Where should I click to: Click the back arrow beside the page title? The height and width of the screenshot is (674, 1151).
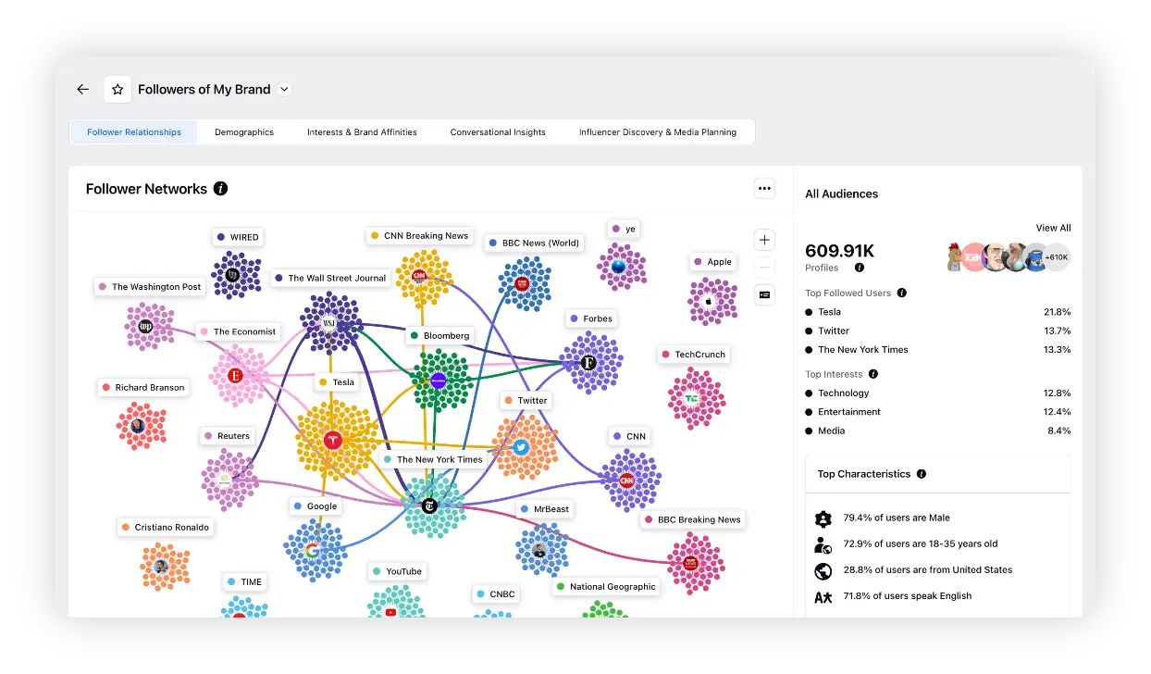[83, 90]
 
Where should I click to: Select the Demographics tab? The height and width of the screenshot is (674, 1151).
[244, 132]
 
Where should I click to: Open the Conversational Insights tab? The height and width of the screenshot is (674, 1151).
[498, 132]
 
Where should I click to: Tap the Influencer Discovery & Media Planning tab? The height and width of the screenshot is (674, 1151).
[658, 132]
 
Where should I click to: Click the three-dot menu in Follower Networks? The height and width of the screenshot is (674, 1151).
[764, 189]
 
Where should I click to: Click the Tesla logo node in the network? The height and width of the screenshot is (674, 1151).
[334, 440]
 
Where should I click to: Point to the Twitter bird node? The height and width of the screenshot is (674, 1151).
[521, 448]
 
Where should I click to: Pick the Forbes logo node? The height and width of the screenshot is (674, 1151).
[588, 362]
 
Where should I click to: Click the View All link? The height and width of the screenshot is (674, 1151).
[1053, 228]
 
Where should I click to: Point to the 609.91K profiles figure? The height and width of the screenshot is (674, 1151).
[839, 251]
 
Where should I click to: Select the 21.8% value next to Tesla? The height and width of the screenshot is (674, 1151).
[1057, 312]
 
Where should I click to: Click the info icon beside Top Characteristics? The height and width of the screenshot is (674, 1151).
[921, 474]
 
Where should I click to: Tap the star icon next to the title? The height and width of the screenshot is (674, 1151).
[118, 90]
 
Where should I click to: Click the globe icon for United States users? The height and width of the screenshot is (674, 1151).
[823, 570]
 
